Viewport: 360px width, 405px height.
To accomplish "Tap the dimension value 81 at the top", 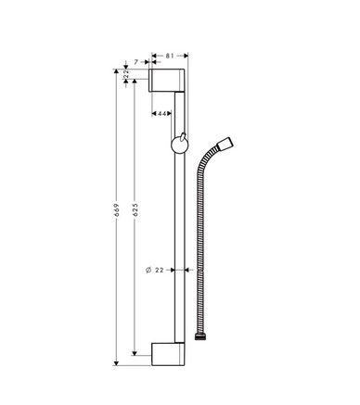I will tap(170, 57).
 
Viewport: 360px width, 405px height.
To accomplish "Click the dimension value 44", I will tap(161, 112).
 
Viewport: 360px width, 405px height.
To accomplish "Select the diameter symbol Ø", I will tap(148, 270).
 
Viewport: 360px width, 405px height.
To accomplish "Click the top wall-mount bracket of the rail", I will tap(170, 82).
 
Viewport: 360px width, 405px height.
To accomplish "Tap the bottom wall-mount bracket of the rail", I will tap(171, 352).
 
